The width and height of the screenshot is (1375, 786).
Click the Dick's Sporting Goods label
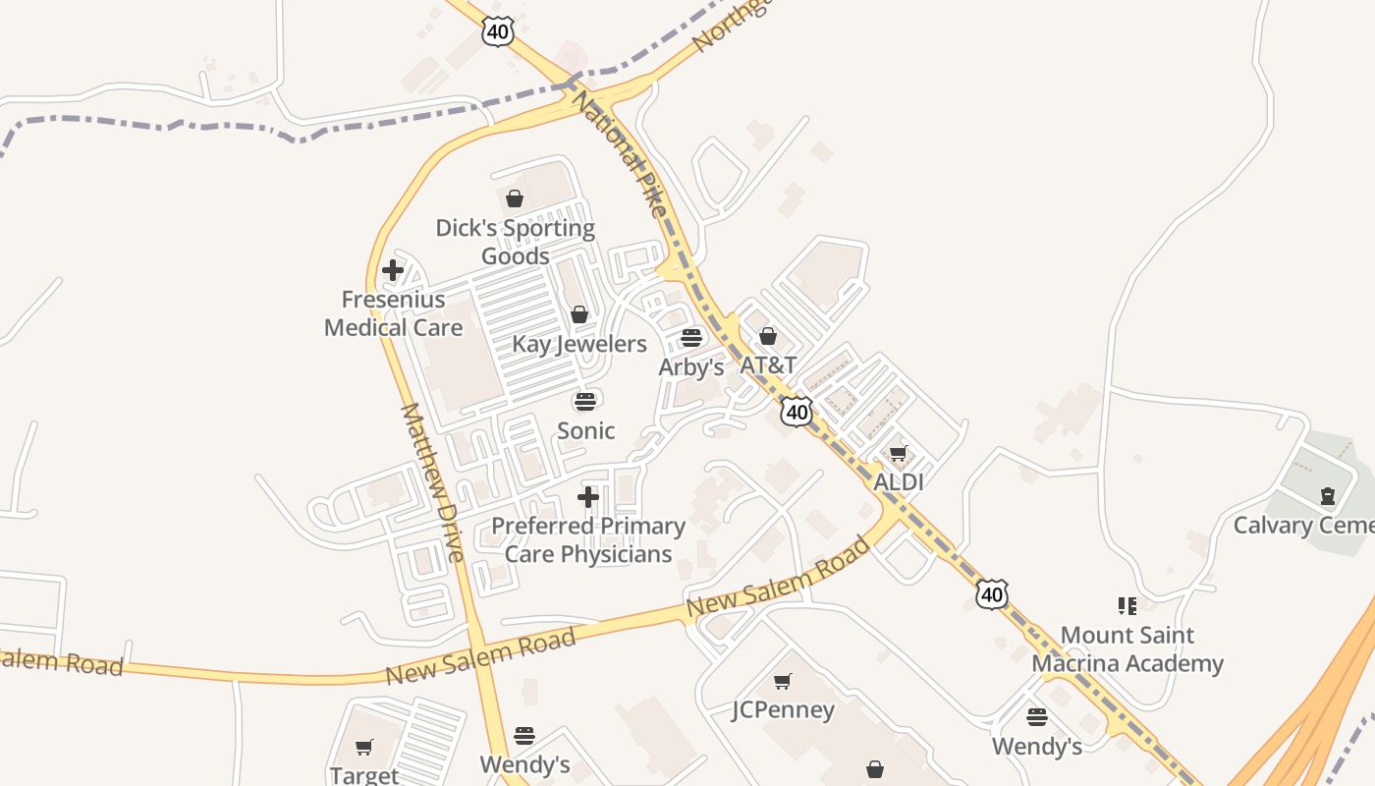point(516,242)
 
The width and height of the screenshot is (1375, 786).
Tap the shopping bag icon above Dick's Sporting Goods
point(515,198)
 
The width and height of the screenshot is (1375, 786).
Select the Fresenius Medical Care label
point(393,313)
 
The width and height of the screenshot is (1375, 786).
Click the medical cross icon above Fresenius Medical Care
point(393,269)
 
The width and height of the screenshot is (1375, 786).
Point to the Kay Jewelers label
point(579,344)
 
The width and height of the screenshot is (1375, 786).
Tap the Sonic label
point(586,430)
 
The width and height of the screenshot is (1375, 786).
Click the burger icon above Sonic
point(585,401)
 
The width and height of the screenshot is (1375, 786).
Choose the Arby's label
point(691,367)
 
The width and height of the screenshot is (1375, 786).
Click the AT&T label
point(768,365)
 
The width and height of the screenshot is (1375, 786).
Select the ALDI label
point(899,482)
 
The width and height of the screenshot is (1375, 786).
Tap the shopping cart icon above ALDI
point(898,453)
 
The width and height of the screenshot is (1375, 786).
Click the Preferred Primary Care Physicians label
point(588,539)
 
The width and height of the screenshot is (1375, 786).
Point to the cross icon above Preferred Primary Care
point(588,497)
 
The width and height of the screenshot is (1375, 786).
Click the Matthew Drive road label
point(432,481)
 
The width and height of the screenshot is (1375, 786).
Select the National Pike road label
point(619,152)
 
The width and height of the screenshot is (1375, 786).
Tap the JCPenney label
point(783,709)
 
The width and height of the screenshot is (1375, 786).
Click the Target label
point(364,775)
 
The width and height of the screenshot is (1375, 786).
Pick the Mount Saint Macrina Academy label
point(1127,649)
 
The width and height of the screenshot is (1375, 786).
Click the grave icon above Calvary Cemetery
point(1328,495)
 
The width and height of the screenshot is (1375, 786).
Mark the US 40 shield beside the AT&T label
point(797,412)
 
